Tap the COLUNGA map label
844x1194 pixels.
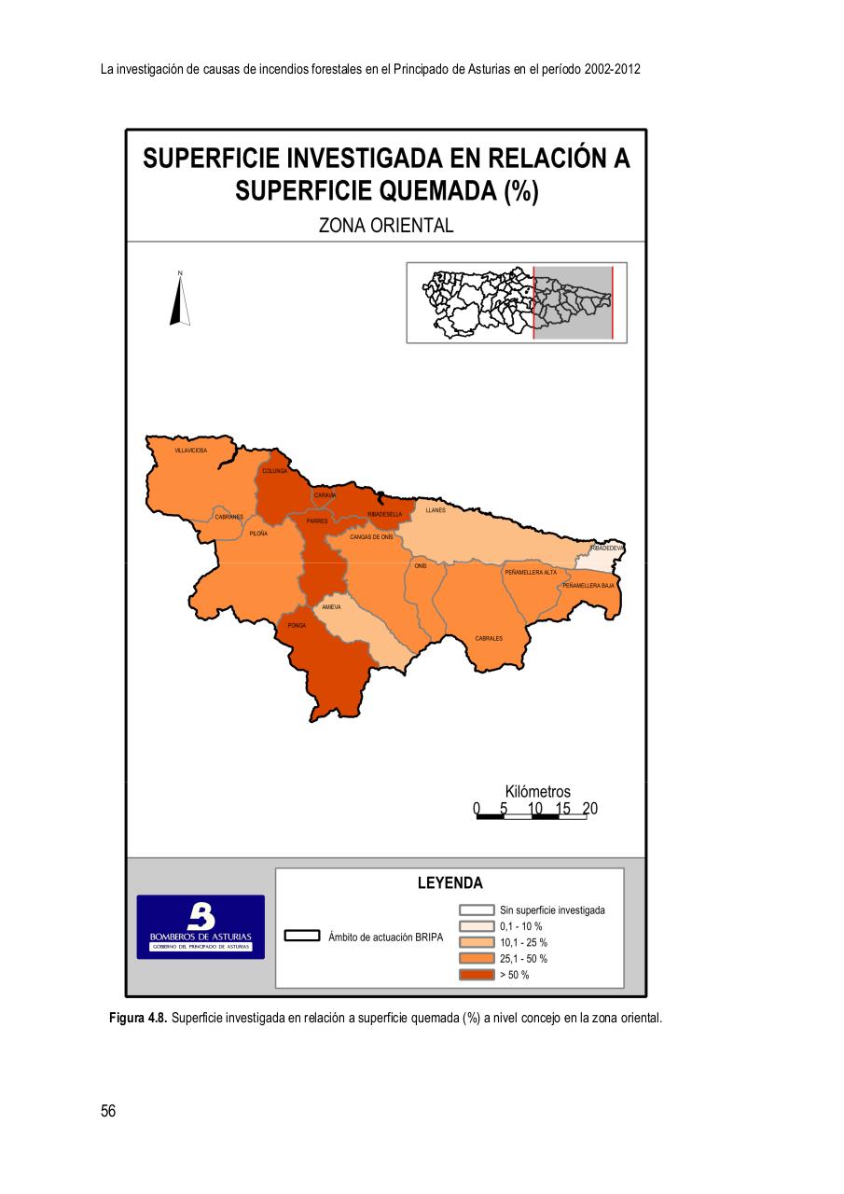[273, 471]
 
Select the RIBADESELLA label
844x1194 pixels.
[384, 514]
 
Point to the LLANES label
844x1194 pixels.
[436, 510]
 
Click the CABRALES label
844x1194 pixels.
[489, 638]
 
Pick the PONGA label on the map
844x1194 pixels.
[297, 625]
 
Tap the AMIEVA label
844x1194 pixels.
[331, 607]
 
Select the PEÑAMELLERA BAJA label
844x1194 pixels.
[588, 585]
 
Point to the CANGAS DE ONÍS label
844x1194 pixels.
[371, 537]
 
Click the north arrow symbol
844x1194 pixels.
[180, 298]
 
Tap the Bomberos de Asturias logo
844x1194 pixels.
[201, 926]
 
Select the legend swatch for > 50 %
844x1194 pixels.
[477, 975]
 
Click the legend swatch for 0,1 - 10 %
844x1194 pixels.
[477, 926]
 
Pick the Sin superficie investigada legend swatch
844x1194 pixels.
[477, 909]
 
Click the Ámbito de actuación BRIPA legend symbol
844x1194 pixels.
[302, 936]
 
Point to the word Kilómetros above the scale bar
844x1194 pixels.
[537, 792]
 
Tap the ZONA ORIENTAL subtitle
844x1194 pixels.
[386, 226]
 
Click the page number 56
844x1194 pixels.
[108, 1111]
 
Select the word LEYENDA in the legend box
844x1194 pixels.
[450, 883]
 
